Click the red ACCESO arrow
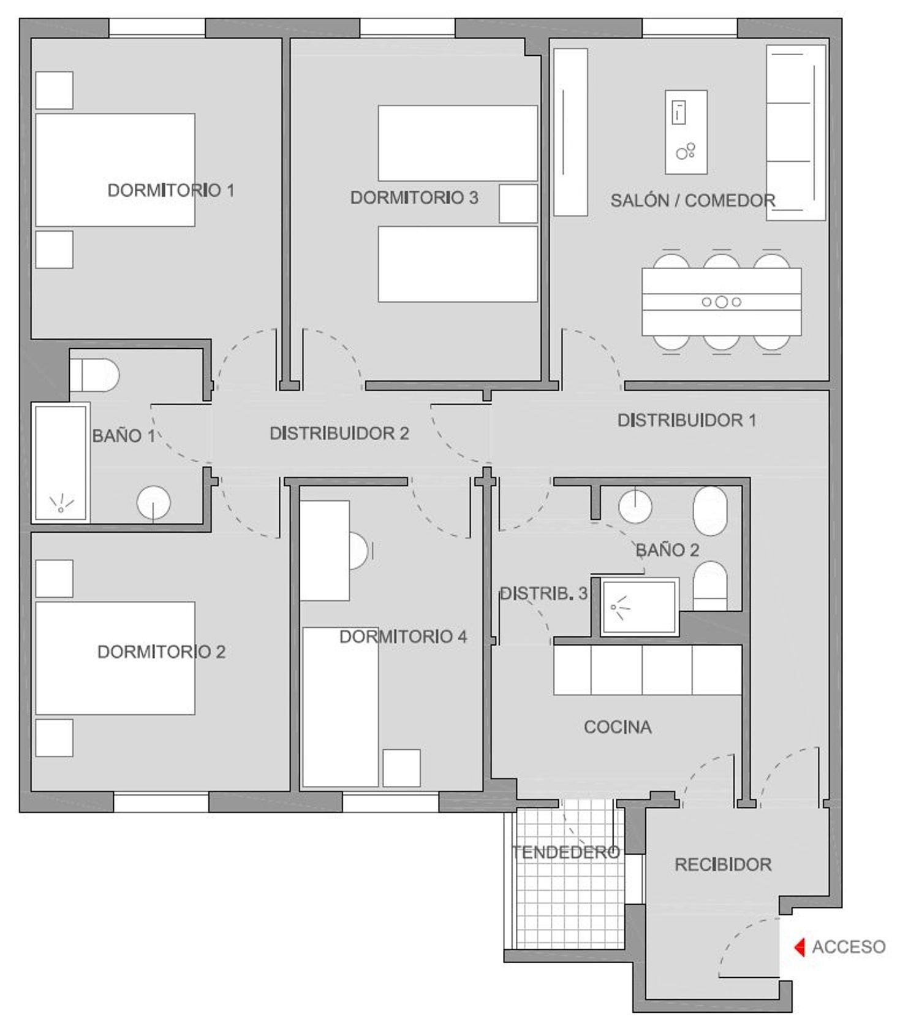[799, 947]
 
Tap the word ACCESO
[849, 947]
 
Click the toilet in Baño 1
[94, 375]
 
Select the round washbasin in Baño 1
[153, 503]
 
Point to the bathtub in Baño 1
[61, 463]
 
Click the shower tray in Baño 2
[640, 608]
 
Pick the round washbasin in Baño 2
[635, 506]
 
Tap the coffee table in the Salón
[686, 132]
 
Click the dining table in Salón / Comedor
[722, 302]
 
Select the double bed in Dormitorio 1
[115, 170]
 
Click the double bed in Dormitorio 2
[115, 658]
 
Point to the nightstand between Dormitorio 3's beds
[518, 204]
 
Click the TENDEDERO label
[566, 852]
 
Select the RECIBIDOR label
[723, 864]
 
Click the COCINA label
[618, 727]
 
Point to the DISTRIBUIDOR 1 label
[687, 421]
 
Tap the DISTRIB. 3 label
[544, 593]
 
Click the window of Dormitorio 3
[407, 28]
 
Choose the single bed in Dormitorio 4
[341, 707]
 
